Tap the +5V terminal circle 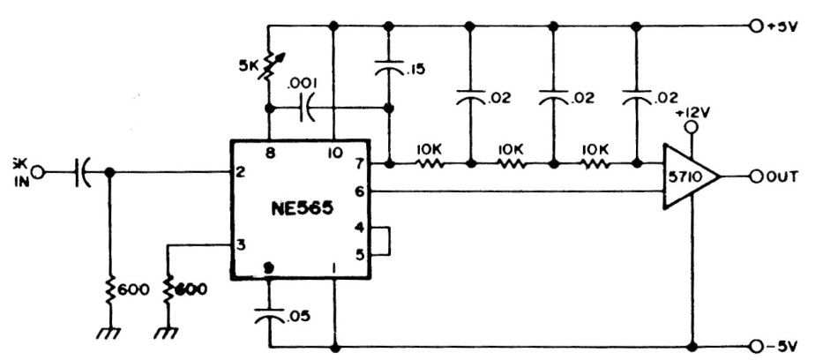click(756, 26)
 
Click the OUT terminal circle click(756, 177)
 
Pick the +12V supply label click(693, 113)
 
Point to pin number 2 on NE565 click(239, 171)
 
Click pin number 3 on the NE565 click(239, 244)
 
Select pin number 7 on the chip click(359, 163)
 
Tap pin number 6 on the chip click(359, 190)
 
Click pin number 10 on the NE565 click(334, 152)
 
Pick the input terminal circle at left click(37, 172)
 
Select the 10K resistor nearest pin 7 click(428, 163)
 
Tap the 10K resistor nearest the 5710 click(595, 163)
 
